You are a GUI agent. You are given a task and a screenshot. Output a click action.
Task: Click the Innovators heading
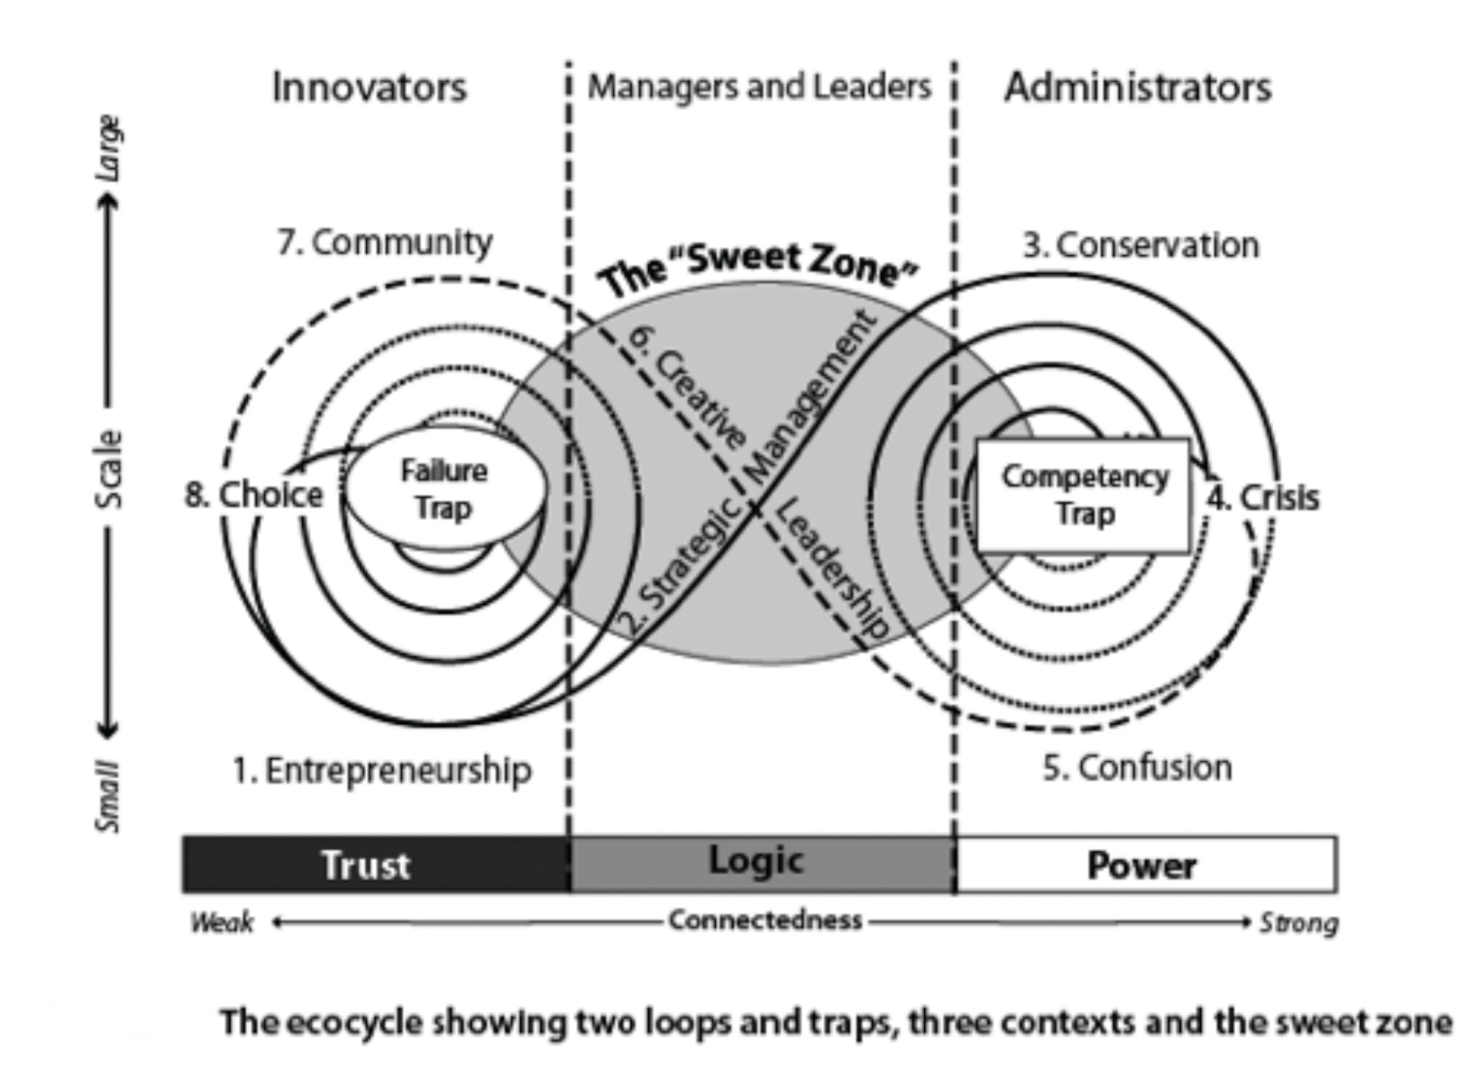point(370,87)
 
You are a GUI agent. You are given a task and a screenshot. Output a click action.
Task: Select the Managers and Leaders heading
point(759,87)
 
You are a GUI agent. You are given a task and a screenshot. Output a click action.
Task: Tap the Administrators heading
point(1138,87)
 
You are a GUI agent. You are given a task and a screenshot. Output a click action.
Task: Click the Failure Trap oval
point(444,489)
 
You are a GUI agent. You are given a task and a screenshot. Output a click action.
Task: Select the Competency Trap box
point(1084,495)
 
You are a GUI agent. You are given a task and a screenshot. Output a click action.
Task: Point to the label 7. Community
point(385,242)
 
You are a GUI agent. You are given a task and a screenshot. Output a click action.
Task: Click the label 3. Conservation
point(1140,244)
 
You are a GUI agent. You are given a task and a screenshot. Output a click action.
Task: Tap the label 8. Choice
point(254,494)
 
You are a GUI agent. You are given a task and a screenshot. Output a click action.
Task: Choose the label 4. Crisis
point(1264,497)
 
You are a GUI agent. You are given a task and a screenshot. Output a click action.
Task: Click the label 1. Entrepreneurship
point(382,770)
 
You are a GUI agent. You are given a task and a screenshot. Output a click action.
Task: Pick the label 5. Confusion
point(1138,767)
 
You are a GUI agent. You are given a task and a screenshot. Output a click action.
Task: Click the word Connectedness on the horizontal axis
point(765,920)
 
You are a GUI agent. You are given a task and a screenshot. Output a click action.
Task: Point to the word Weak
point(222,922)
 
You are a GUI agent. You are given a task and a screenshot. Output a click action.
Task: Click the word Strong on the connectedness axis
point(1298,922)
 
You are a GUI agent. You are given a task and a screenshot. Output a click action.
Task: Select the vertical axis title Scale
point(108,469)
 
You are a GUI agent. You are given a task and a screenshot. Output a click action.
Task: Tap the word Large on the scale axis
point(108,147)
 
